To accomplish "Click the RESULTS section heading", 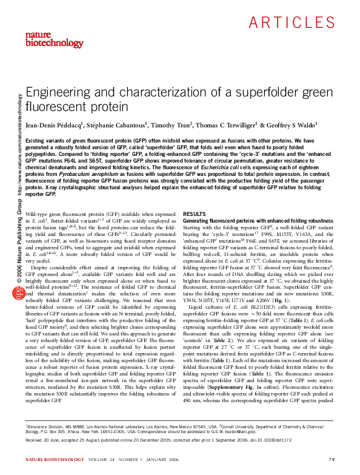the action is click(195, 214).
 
